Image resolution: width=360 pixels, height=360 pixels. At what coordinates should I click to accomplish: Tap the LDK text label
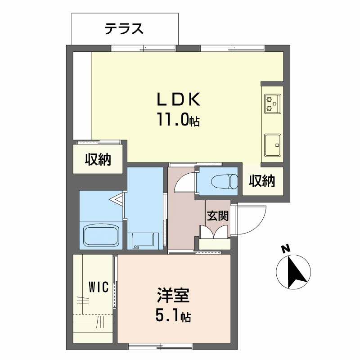(x=178, y=99)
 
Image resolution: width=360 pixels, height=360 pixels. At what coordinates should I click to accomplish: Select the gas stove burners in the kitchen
(x=272, y=103)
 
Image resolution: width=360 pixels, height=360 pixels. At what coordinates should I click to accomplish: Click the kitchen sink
(x=272, y=144)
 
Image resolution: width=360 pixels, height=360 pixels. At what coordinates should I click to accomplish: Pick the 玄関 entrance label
(x=217, y=216)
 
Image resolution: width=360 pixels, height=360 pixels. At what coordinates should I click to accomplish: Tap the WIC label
(x=99, y=287)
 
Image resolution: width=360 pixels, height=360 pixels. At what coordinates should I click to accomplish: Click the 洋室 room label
(x=173, y=297)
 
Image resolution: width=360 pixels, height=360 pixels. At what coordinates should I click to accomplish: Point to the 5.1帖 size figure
(x=173, y=317)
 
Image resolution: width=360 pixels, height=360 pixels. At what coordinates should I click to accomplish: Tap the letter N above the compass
(x=284, y=248)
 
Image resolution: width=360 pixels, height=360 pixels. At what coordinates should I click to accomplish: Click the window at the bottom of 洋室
(x=160, y=346)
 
